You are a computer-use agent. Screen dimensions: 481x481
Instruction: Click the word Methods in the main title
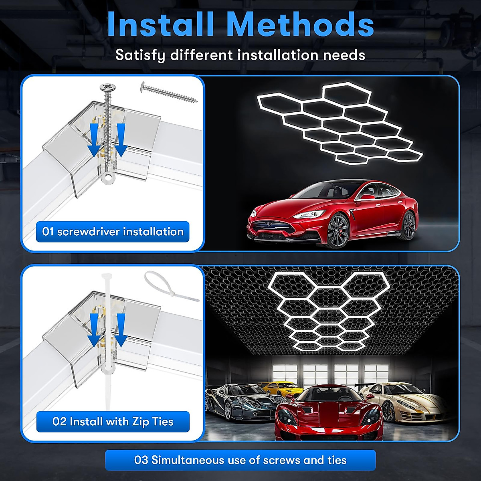point(300,25)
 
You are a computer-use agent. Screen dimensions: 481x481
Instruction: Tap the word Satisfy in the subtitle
point(140,55)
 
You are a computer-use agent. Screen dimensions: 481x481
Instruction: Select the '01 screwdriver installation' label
point(113,232)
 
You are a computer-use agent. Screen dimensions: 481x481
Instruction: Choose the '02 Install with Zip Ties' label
point(113,422)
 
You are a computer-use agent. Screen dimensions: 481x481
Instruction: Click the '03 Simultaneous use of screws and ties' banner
point(240,460)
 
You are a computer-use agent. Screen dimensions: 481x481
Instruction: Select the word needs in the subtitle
point(345,55)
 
